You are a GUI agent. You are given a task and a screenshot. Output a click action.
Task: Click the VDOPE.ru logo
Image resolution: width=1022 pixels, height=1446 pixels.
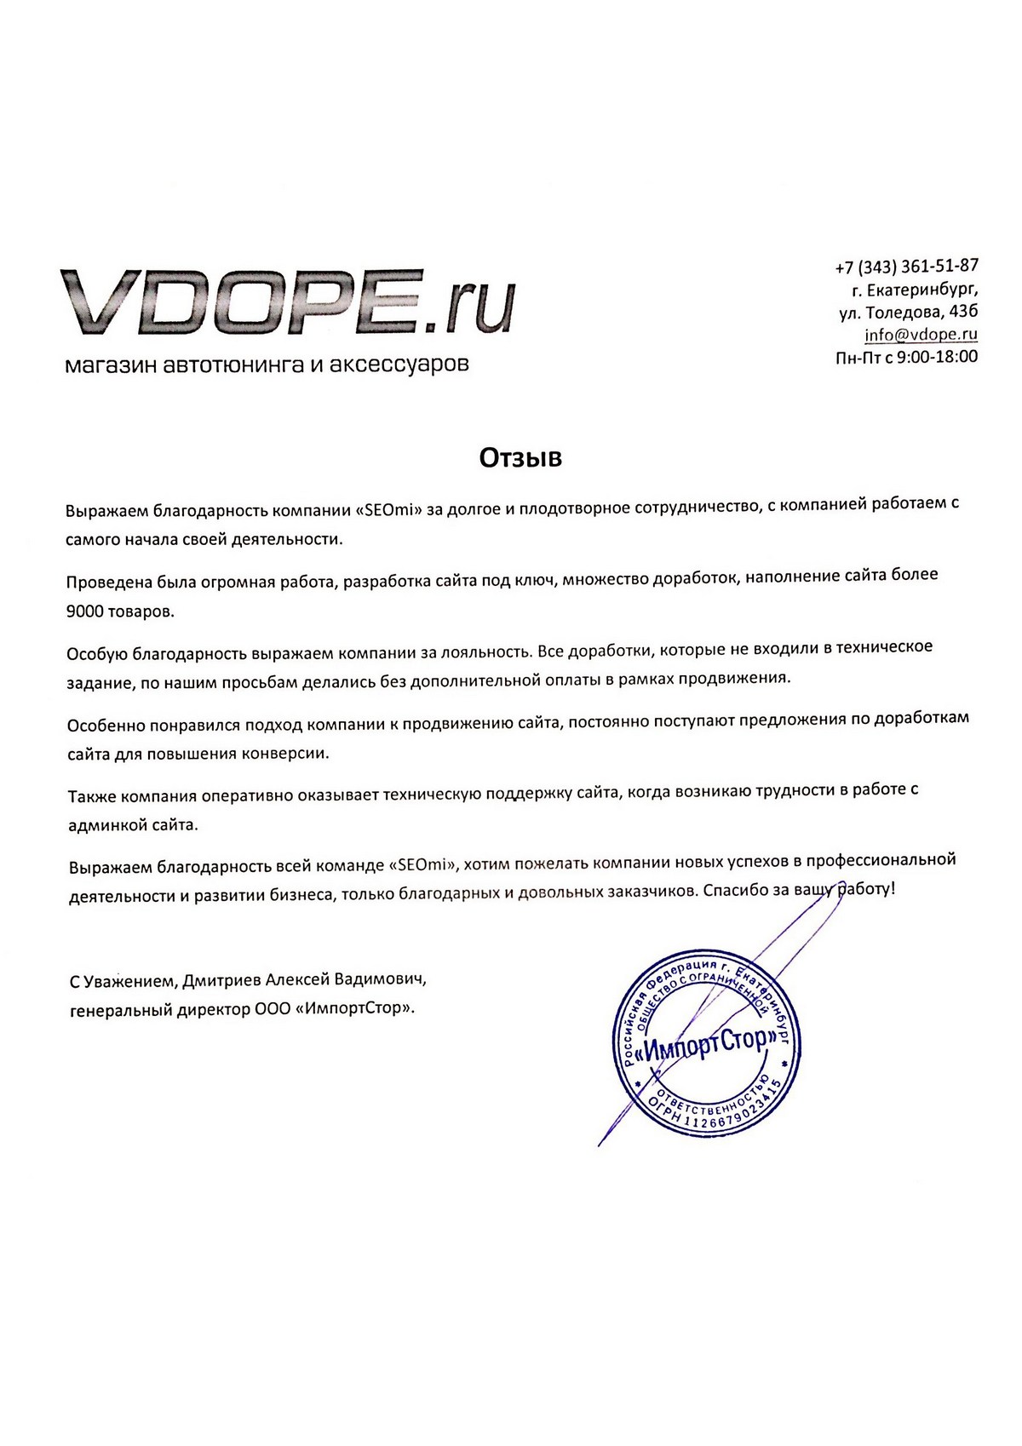pyautogui.click(x=288, y=302)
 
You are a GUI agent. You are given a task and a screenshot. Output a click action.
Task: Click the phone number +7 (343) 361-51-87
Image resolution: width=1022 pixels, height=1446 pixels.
pyautogui.click(x=906, y=267)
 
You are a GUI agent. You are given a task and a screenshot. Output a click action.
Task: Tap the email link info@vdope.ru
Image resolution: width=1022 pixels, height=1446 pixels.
pyautogui.click(x=921, y=335)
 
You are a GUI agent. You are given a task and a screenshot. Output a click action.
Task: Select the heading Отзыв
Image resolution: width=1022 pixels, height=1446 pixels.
pyautogui.click(x=520, y=458)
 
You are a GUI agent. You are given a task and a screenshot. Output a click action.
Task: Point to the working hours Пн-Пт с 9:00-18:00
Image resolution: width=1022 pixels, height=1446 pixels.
pyautogui.click(x=906, y=357)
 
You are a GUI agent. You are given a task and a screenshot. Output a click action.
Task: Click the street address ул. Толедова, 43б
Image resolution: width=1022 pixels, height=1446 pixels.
pyautogui.click(x=908, y=313)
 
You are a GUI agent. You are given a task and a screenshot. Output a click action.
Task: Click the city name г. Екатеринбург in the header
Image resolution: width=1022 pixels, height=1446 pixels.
pyautogui.click(x=908, y=290)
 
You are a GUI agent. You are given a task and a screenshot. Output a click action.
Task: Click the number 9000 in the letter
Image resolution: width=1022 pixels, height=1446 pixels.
pyautogui.click(x=86, y=611)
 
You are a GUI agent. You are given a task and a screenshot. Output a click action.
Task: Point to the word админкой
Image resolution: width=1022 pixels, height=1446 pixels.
pyautogui.click(x=106, y=825)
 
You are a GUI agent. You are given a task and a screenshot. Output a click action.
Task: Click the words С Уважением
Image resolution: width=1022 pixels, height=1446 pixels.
pyautogui.click(x=123, y=981)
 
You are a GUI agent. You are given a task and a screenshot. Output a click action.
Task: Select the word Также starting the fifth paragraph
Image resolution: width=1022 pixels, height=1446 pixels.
pyautogui.click(x=92, y=797)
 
